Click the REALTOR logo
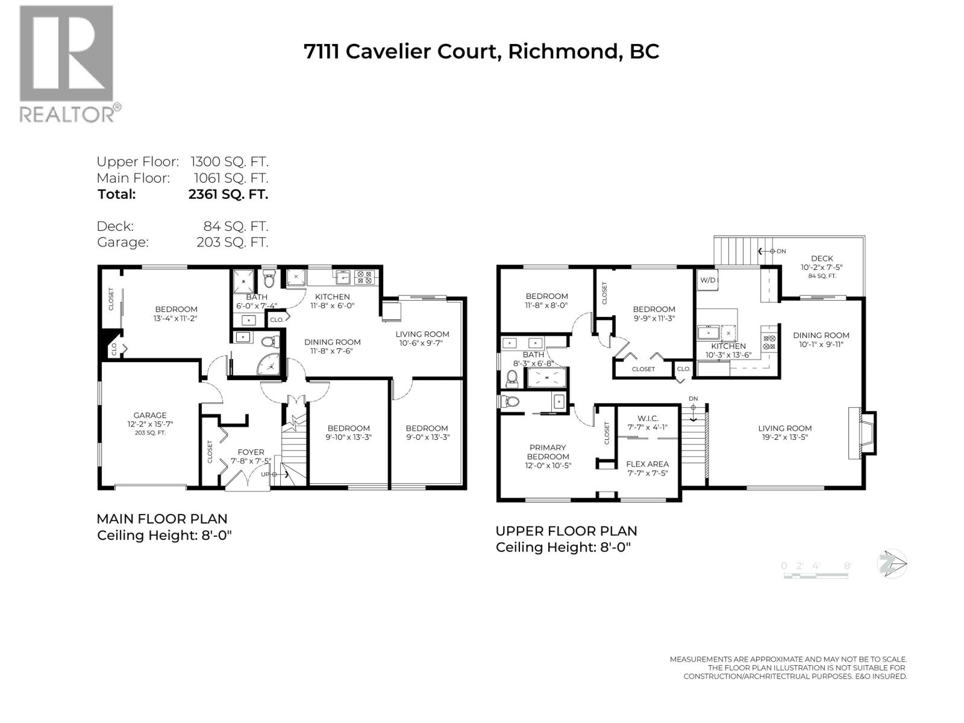(x=66, y=63)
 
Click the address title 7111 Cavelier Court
(x=481, y=51)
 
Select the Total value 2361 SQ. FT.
(x=228, y=194)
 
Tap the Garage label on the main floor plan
(x=150, y=415)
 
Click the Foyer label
(x=251, y=452)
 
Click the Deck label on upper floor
(x=821, y=258)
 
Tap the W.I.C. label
(x=648, y=418)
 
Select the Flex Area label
(x=647, y=464)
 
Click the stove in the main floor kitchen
(x=364, y=277)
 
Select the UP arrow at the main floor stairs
(x=274, y=474)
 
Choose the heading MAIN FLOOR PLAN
(x=162, y=519)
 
